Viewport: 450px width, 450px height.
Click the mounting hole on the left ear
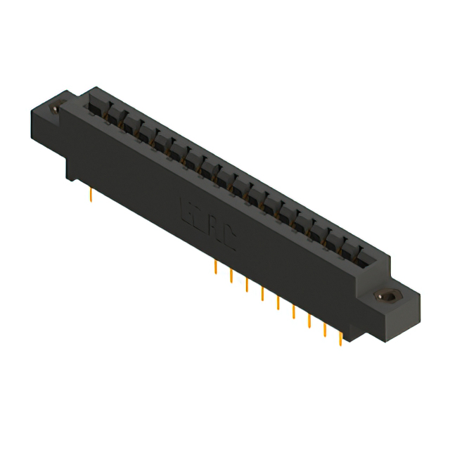pyautogui.click(x=56, y=110)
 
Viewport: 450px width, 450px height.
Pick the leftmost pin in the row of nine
pyautogui.click(x=215, y=267)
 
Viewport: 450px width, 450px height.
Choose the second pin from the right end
pyautogui.click(x=325, y=330)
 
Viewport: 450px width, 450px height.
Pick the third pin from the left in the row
pyautogui.click(x=247, y=285)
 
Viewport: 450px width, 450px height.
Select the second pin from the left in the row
pyautogui.click(x=231, y=276)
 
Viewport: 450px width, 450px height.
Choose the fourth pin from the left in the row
pyautogui.click(x=262, y=294)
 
